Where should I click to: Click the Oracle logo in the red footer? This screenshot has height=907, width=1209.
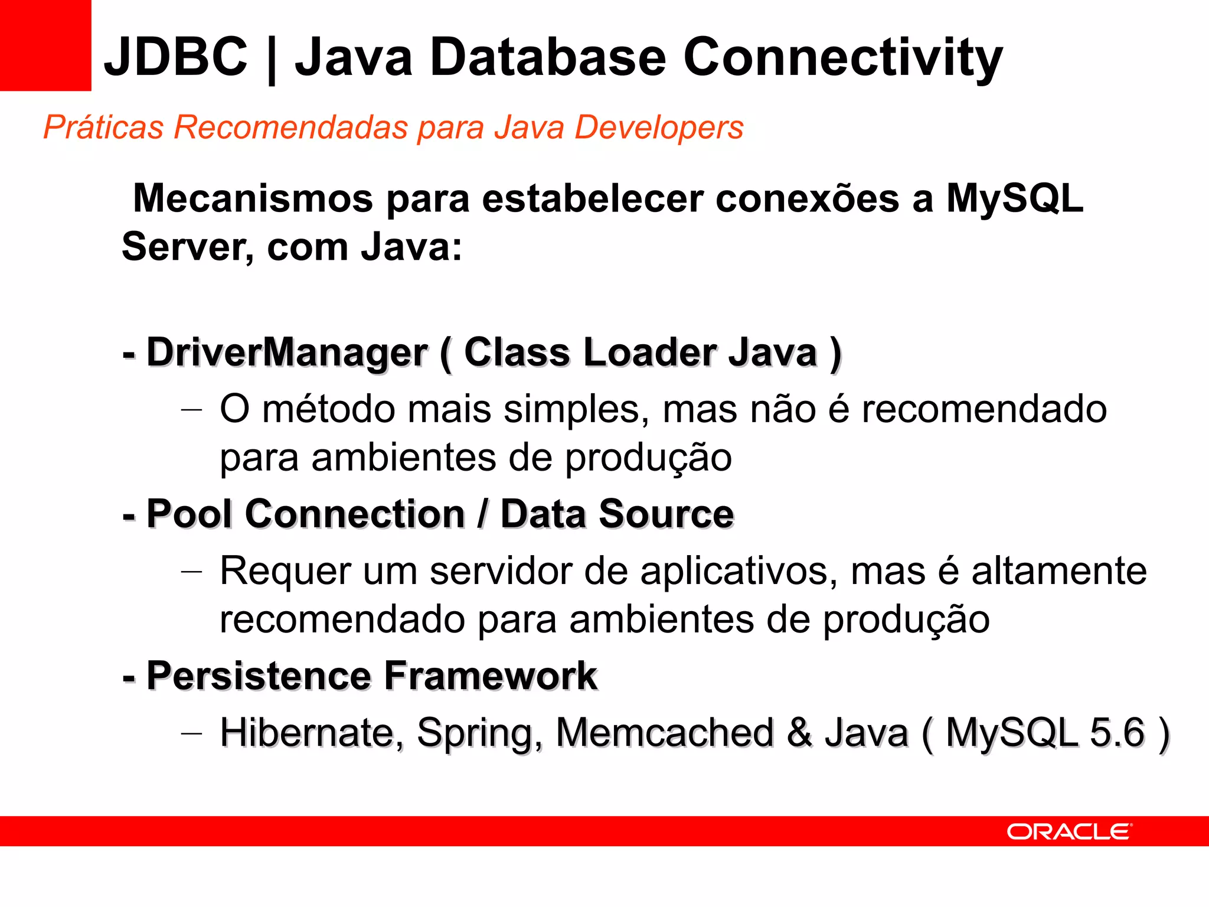(x=1069, y=831)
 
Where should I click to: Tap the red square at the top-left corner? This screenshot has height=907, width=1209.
(x=45, y=45)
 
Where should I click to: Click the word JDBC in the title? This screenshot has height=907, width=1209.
(x=176, y=57)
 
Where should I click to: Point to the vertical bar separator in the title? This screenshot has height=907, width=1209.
(x=272, y=60)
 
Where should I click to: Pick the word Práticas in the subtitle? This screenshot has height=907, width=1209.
(x=103, y=128)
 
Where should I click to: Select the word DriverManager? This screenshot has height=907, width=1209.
(x=287, y=353)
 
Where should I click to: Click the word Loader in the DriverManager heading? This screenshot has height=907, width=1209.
(x=649, y=353)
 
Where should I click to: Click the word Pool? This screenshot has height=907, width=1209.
(x=189, y=514)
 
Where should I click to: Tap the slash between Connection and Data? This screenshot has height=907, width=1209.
(x=483, y=514)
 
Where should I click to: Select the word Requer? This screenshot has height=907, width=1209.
(x=286, y=572)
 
